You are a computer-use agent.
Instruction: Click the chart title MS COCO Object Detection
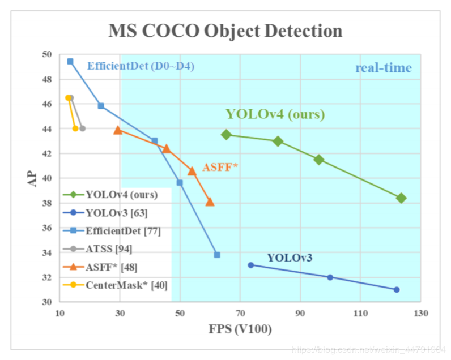(x=225, y=30)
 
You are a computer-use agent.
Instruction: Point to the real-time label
(x=384, y=68)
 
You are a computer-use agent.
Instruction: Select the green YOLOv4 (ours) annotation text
(x=275, y=114)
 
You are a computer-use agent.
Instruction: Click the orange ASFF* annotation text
(x=220, y=167)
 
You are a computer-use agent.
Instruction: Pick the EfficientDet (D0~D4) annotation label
(x=141, y=66)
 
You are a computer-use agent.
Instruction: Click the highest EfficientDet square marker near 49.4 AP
(x=70, y=61)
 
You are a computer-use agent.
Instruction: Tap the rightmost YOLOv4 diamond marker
(x=401, y=198)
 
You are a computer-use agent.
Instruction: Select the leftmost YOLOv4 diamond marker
(x=227, y=135)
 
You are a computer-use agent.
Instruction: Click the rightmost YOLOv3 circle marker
(x=397, y=289)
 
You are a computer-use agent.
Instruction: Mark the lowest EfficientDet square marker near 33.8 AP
(x=217, y=255)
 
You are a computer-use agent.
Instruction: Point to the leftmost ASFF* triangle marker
(x=118, y=130)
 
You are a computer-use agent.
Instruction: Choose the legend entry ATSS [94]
(x=109, y=248)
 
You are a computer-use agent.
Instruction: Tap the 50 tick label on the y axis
(x=46, y=55)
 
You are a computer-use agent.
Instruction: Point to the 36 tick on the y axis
(x=46, y=228)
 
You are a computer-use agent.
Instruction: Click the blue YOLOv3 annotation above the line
(x=290, y=258)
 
